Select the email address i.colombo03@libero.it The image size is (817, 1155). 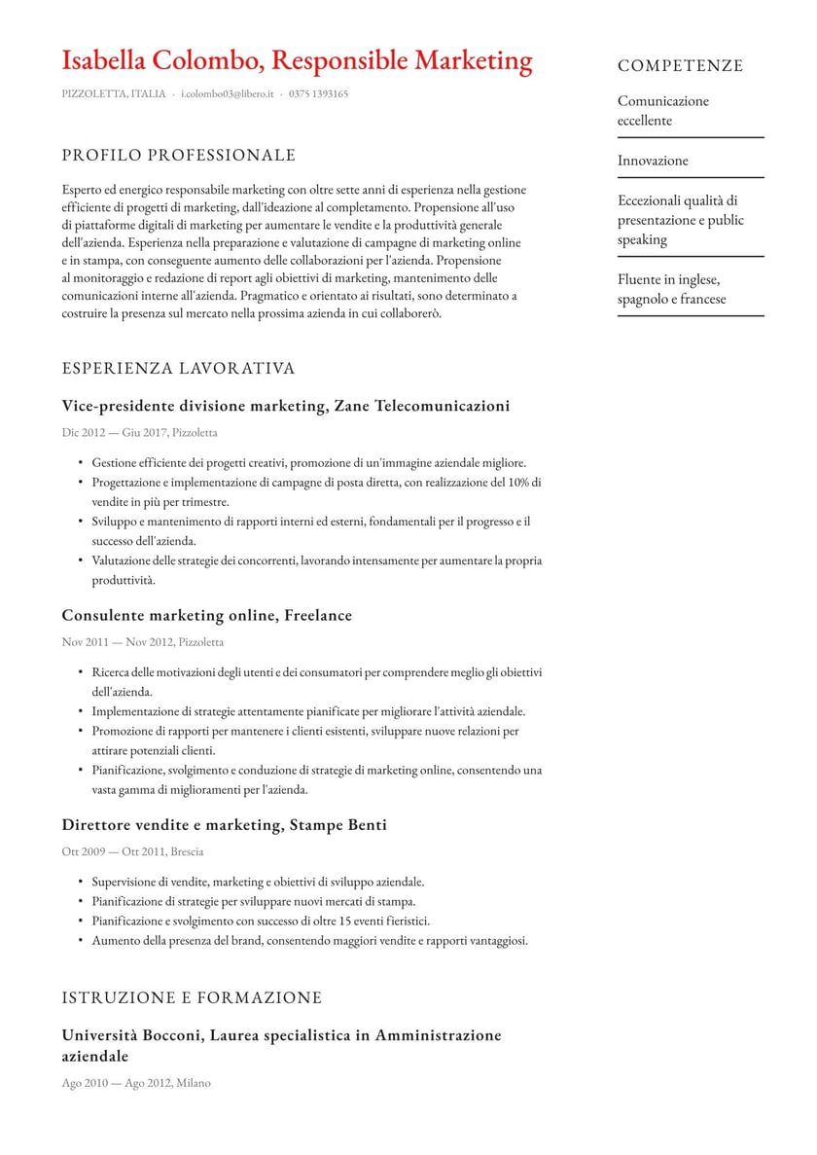point(228,94)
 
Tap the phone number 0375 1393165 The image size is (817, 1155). point(318,94)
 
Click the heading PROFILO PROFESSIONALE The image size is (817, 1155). point(178,156)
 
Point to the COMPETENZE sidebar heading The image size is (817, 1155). point(680,66)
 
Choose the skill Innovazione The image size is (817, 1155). point(653,161)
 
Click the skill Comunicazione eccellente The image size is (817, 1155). point(663,111)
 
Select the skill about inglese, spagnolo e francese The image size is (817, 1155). point(671,290)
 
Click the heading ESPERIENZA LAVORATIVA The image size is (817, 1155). point(178,369)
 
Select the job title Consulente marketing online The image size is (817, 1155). point(167,616)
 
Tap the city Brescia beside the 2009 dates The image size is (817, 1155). point(187,852)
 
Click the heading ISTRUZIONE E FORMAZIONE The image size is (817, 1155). point(192,998)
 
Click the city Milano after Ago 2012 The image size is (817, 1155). point(193,1083)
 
